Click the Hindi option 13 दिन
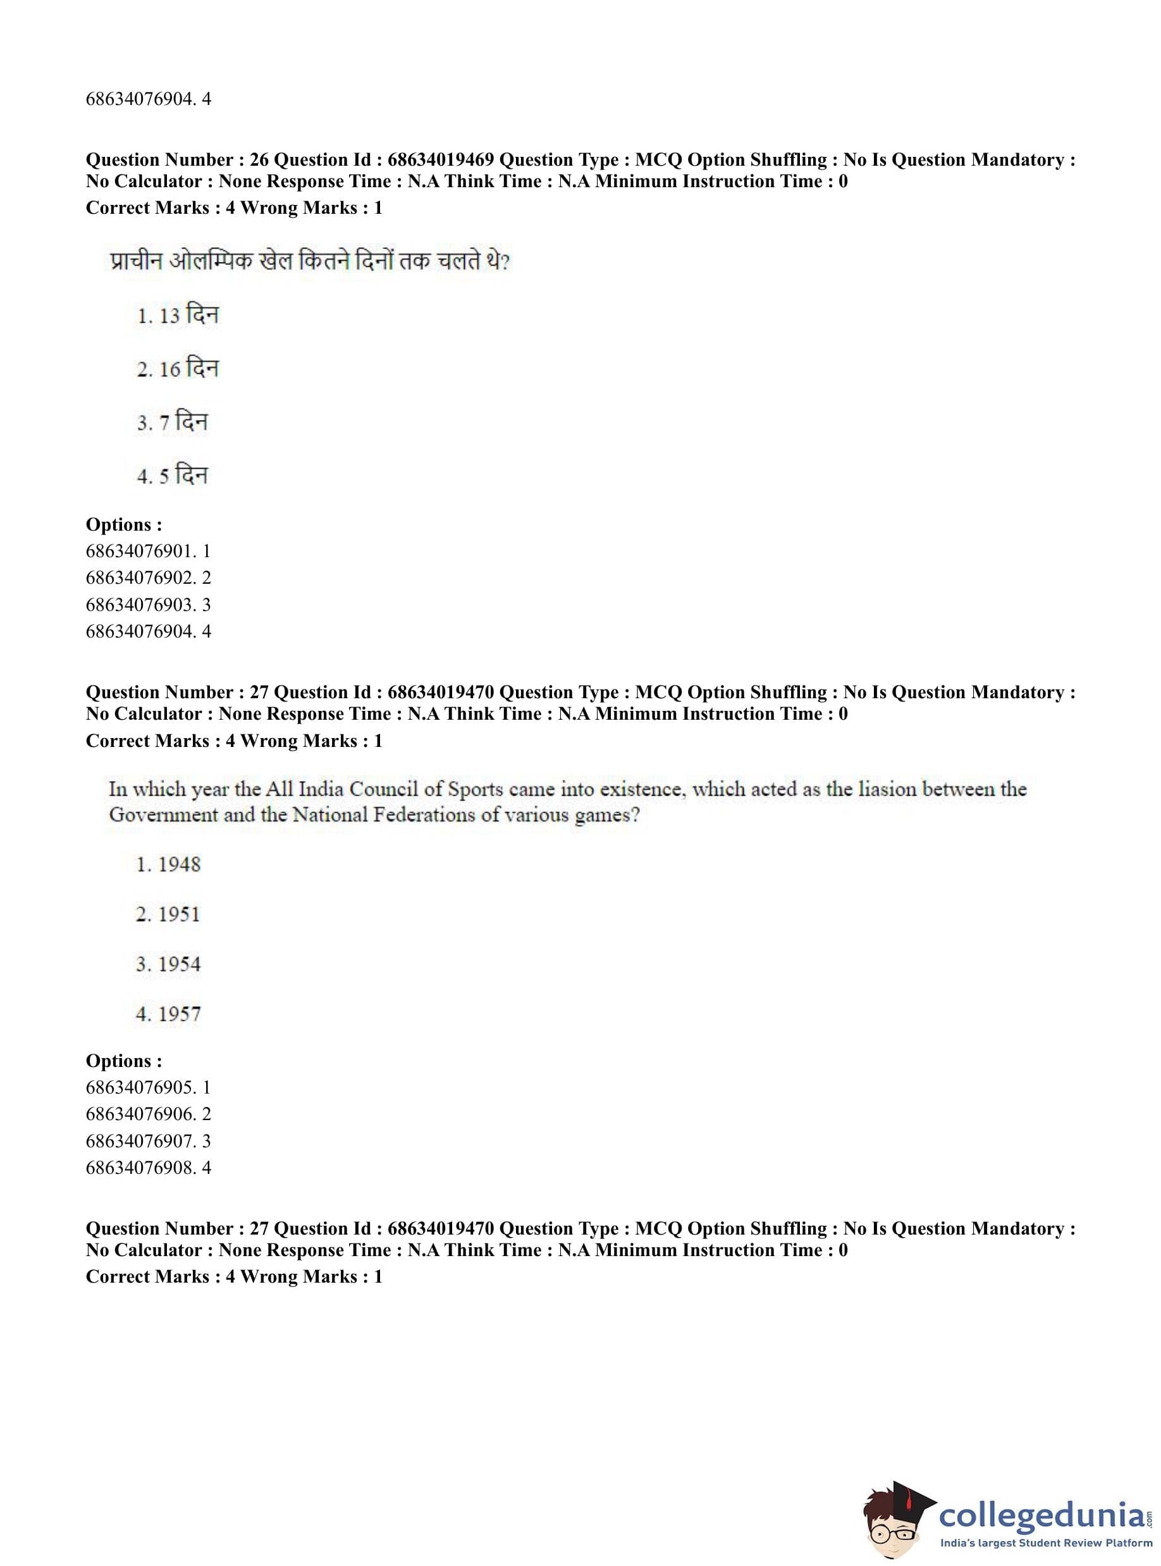(177, 316)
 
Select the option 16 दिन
(177, 369)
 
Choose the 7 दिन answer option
(172, 422)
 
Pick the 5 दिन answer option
(172, 476)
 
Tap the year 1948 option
(169, 865)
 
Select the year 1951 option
(169, 915)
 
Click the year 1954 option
(169, 964)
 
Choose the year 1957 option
(169, 1014)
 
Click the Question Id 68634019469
(441, 160)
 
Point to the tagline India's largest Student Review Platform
(1046, 1546)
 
